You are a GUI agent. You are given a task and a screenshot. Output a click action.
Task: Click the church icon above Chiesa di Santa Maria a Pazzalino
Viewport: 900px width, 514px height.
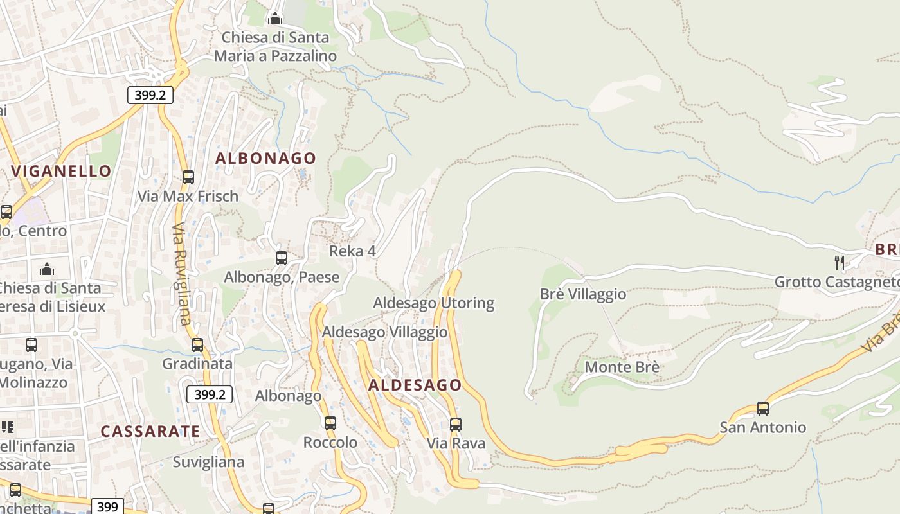275,19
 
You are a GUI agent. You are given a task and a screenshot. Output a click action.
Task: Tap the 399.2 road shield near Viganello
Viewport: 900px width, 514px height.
150,96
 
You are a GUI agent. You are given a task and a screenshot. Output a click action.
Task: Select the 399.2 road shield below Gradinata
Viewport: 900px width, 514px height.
210,394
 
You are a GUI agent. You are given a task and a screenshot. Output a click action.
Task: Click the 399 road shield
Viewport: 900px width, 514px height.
107,506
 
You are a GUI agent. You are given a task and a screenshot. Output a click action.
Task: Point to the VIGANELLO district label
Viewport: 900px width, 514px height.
62,171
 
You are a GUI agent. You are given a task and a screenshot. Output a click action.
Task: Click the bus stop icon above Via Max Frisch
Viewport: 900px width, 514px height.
188,177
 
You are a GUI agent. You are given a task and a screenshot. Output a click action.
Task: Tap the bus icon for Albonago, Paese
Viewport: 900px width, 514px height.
282,258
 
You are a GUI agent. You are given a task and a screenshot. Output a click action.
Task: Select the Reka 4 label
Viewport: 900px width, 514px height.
352,251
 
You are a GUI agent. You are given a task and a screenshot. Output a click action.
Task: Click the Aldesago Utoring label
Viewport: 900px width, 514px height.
434,303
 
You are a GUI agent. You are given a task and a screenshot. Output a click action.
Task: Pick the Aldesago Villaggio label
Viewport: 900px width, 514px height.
384,332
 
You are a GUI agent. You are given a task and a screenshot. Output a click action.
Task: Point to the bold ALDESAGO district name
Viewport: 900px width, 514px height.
415,385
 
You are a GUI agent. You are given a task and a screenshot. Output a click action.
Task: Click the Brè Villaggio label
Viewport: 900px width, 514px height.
582,294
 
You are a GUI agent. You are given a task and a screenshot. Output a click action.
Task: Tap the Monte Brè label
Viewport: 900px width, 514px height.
622,368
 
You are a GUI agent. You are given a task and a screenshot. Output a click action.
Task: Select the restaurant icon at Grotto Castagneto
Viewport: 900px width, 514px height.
839,261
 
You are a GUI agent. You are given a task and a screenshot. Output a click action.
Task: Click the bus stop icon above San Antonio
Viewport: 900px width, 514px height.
763,408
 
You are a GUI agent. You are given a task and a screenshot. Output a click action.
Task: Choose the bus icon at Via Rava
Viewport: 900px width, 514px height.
456,424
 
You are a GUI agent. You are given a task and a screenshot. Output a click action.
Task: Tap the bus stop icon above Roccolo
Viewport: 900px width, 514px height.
330,423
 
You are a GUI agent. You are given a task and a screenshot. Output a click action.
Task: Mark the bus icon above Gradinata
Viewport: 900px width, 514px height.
197,345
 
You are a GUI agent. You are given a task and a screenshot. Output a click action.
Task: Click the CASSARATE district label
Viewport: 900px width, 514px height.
150,431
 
